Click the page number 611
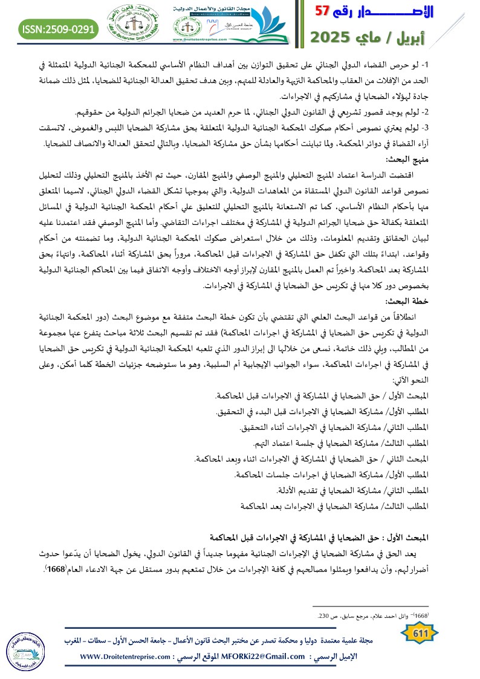419,634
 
